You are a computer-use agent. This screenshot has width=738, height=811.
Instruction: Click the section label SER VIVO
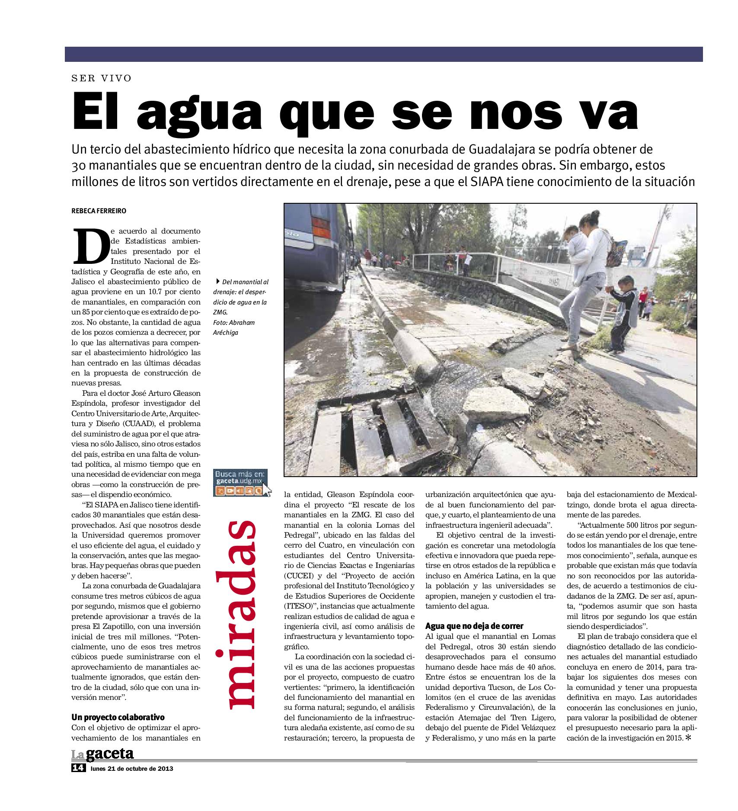click(x=101, y=78)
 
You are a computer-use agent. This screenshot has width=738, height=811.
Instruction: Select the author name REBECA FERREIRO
click(x=99, y=211)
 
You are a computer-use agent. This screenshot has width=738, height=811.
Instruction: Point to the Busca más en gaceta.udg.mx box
click(x=241, y=482)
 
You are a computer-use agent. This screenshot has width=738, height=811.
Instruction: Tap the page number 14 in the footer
click(x=78, y=780)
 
